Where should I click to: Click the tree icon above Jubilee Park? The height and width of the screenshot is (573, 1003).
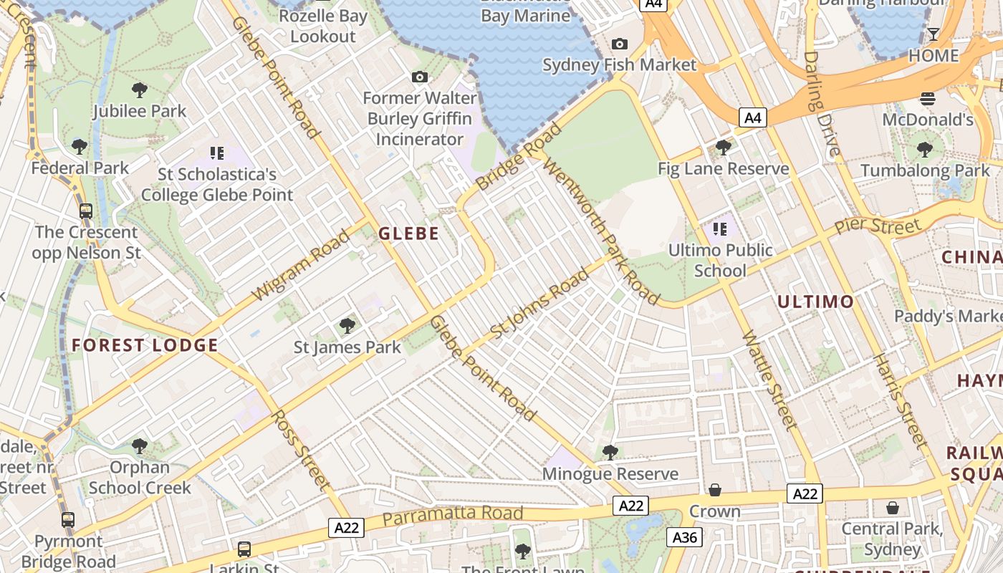140,90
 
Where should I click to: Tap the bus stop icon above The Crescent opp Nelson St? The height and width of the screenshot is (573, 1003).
86,211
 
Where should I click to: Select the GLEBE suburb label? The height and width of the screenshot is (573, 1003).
408,233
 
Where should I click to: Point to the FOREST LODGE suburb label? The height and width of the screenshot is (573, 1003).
145,345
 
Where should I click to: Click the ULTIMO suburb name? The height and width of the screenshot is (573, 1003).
816,302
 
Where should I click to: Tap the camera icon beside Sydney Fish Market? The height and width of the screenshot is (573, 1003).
620,44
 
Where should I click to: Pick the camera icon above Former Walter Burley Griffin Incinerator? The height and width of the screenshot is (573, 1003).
420,77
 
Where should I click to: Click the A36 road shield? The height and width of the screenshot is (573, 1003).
684,537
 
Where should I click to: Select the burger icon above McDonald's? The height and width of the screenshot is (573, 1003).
928,99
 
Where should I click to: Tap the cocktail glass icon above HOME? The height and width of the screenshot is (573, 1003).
934,34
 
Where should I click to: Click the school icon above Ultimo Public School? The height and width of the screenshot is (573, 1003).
720,229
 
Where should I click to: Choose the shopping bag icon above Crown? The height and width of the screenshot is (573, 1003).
714,491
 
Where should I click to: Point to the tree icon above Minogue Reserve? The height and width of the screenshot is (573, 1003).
610,453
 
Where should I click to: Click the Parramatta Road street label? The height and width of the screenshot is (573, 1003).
453,515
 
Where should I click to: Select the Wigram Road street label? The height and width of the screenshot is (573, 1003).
301,266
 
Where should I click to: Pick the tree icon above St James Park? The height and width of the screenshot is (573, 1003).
347,326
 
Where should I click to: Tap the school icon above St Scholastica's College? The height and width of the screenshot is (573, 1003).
217,153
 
